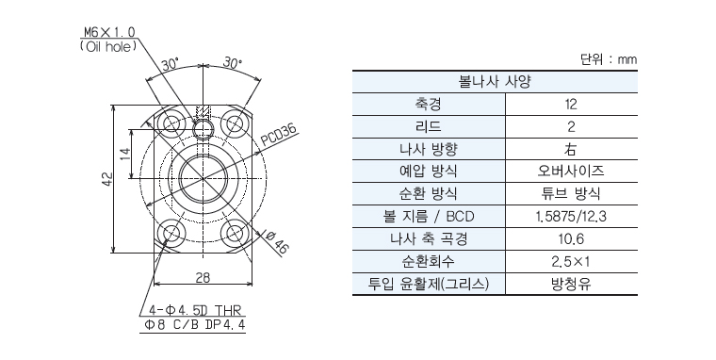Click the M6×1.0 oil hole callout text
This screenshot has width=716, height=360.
pyautogui.click(x=108, y=39)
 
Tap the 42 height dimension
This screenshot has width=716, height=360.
pyautogui.click(x=106, y=179)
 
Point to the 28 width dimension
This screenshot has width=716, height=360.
pyautogui.click(x=203, y=277)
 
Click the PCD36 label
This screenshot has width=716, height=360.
pyautogui.click(x=279, y=136)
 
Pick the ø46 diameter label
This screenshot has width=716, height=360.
pyautogui.click(x=276, y=242)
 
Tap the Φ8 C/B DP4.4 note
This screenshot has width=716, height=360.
pyautogui.click(x=195, y=325)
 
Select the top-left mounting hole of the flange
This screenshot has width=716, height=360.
pyautogui.click(x=171, y=123)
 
